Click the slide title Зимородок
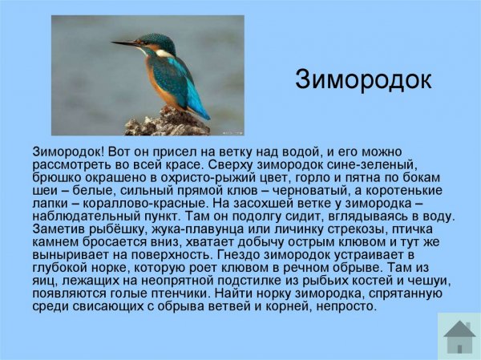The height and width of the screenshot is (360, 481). pos(363,79)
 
